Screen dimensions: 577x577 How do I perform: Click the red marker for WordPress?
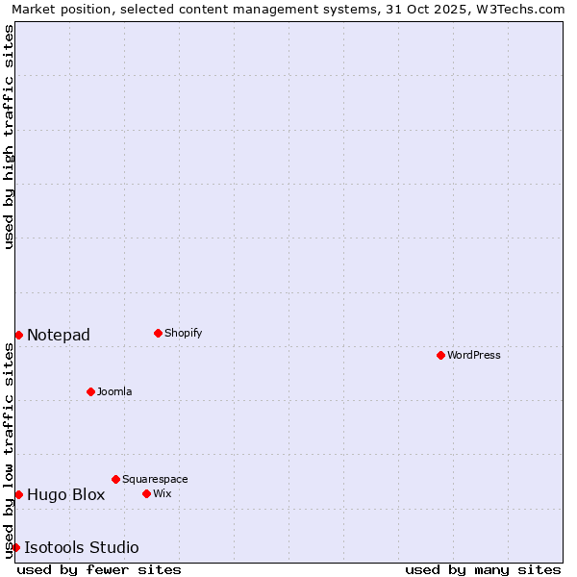(x=440, y=355)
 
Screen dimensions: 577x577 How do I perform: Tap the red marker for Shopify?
(x=158, y=333)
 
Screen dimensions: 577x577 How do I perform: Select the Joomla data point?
(x=90, y=391)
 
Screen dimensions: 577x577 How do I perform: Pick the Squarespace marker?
(x=115, y=479)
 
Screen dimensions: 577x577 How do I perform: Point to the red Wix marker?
(x=146, y=493)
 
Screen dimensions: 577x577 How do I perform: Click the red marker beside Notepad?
(x=18, y=335)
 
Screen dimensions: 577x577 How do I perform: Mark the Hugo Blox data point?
(x=18, y=494)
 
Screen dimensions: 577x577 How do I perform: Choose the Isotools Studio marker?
(x=15, y=547)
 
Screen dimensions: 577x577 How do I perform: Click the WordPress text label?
(x=474, y=355)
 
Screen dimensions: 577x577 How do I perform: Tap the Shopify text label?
(x=183, y=333)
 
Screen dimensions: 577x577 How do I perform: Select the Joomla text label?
(x=114, y=391)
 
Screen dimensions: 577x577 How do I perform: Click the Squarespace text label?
(x=155, y=479)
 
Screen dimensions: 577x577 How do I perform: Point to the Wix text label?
(x=163, y=493)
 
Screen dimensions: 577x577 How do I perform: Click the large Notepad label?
(x=59, y=335)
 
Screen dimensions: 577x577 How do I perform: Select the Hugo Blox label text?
(x=65, y=494)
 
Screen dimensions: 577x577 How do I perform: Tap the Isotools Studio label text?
(x=82, y=547)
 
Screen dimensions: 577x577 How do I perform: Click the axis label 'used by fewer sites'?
(x=99, y=569)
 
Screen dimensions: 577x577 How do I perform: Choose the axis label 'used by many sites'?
(x=483, y=569)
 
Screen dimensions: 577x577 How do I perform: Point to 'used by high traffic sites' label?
(x=9, y=137)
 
